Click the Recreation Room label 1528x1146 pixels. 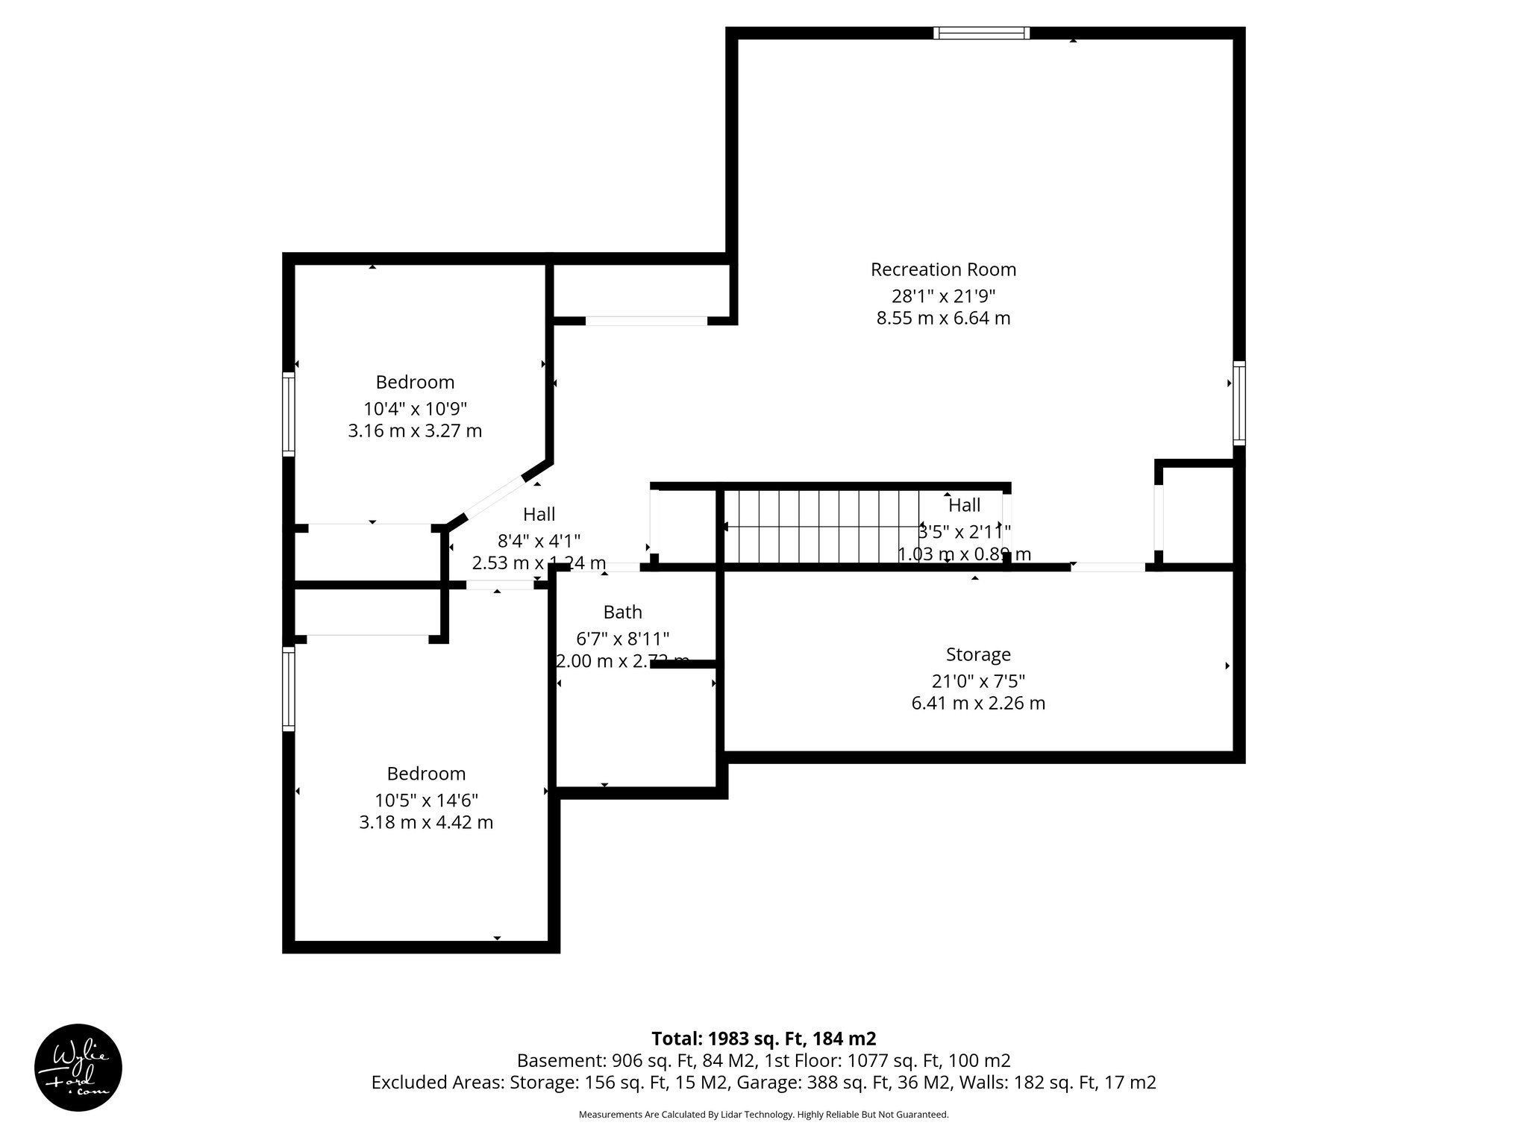point(943,269)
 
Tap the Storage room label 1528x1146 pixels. point(978,654)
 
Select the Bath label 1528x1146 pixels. point(622,612)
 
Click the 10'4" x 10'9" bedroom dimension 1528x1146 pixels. point(415,409)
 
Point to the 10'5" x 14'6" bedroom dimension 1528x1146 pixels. point(426,801)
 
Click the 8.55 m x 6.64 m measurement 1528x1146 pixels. point(943,319)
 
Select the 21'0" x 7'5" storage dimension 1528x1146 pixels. point(978,681)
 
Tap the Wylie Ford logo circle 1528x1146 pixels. point(78,1068)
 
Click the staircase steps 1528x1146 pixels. point(821,526)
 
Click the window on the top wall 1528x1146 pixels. point(981,33)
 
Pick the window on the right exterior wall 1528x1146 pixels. point(1239,403)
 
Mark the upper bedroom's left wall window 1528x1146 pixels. point(288,414)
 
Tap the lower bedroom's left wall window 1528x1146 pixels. point(288,688)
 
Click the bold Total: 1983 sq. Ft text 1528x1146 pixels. point(763,1039)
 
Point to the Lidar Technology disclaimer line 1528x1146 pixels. point(763,1115)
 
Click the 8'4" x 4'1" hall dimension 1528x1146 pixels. point(539,540)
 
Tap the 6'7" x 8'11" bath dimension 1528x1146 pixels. point(622,639)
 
